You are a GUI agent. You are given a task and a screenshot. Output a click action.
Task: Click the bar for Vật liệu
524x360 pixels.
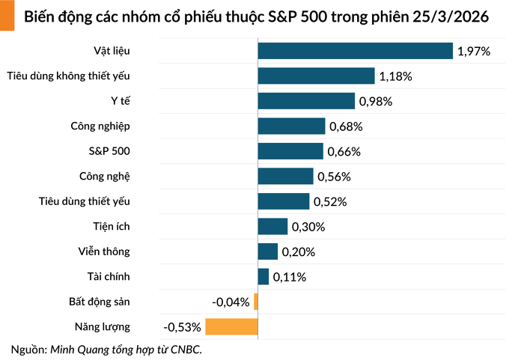point(355,51)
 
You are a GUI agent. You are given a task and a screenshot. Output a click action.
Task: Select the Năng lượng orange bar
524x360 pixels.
point(231,327)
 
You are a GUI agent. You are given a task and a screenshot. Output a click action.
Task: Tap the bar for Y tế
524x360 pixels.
point(306,101)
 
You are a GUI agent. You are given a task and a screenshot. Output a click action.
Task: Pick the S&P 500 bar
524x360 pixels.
point(290,151)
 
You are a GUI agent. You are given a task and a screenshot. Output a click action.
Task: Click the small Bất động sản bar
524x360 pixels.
point(256,302)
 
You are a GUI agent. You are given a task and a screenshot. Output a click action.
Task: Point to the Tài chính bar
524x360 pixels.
point(263,277)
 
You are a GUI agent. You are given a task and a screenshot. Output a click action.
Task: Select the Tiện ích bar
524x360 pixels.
point(272,227)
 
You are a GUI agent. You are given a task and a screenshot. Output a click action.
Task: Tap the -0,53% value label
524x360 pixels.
point(183,327)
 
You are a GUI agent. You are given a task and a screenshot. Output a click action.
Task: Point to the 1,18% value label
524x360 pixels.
point(395,76)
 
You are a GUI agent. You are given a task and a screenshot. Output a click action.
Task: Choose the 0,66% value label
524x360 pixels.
point(344,152)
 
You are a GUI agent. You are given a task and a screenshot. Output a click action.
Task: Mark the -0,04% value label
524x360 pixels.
point(231,302)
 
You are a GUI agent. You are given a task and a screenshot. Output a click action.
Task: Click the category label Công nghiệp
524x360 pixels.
point(100,126)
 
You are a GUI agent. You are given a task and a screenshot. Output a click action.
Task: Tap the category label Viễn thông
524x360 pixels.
point(104,251)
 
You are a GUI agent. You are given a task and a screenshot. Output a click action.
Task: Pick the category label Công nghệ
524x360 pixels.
point(104,177)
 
